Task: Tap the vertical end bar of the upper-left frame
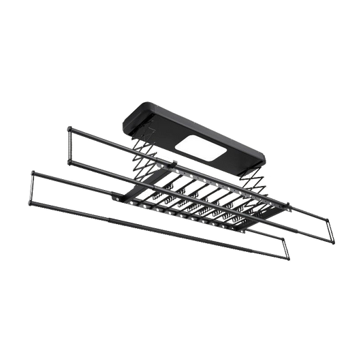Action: click(68, 144)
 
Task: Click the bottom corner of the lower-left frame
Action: click(27, 205)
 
